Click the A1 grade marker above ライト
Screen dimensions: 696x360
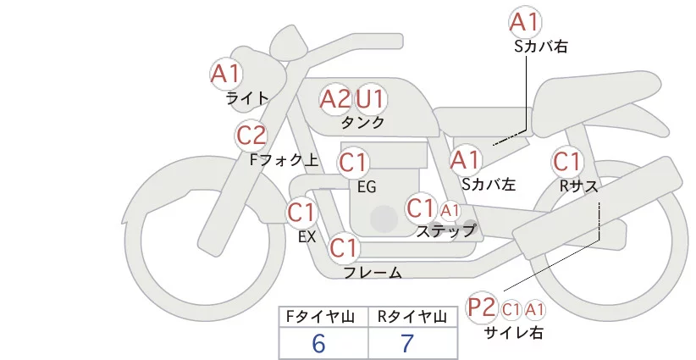click(225, 73)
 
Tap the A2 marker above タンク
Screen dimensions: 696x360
click(334, 99)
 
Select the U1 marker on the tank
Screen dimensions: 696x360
click(370, 99)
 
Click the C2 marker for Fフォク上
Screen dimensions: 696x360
click(251, 135)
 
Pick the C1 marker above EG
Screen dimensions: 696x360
click(353, 162)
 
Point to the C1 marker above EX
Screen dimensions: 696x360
click(301, 211)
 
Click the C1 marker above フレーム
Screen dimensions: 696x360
click(344, 248)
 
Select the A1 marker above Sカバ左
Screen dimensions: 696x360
click(466, 159)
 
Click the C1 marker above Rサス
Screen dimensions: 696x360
click(566, 160)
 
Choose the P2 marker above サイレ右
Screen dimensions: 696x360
click(482, 307)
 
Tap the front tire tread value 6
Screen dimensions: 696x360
click(318, 343)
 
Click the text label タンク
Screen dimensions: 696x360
click(362, 123)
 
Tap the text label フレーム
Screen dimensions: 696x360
click(373, 273)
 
